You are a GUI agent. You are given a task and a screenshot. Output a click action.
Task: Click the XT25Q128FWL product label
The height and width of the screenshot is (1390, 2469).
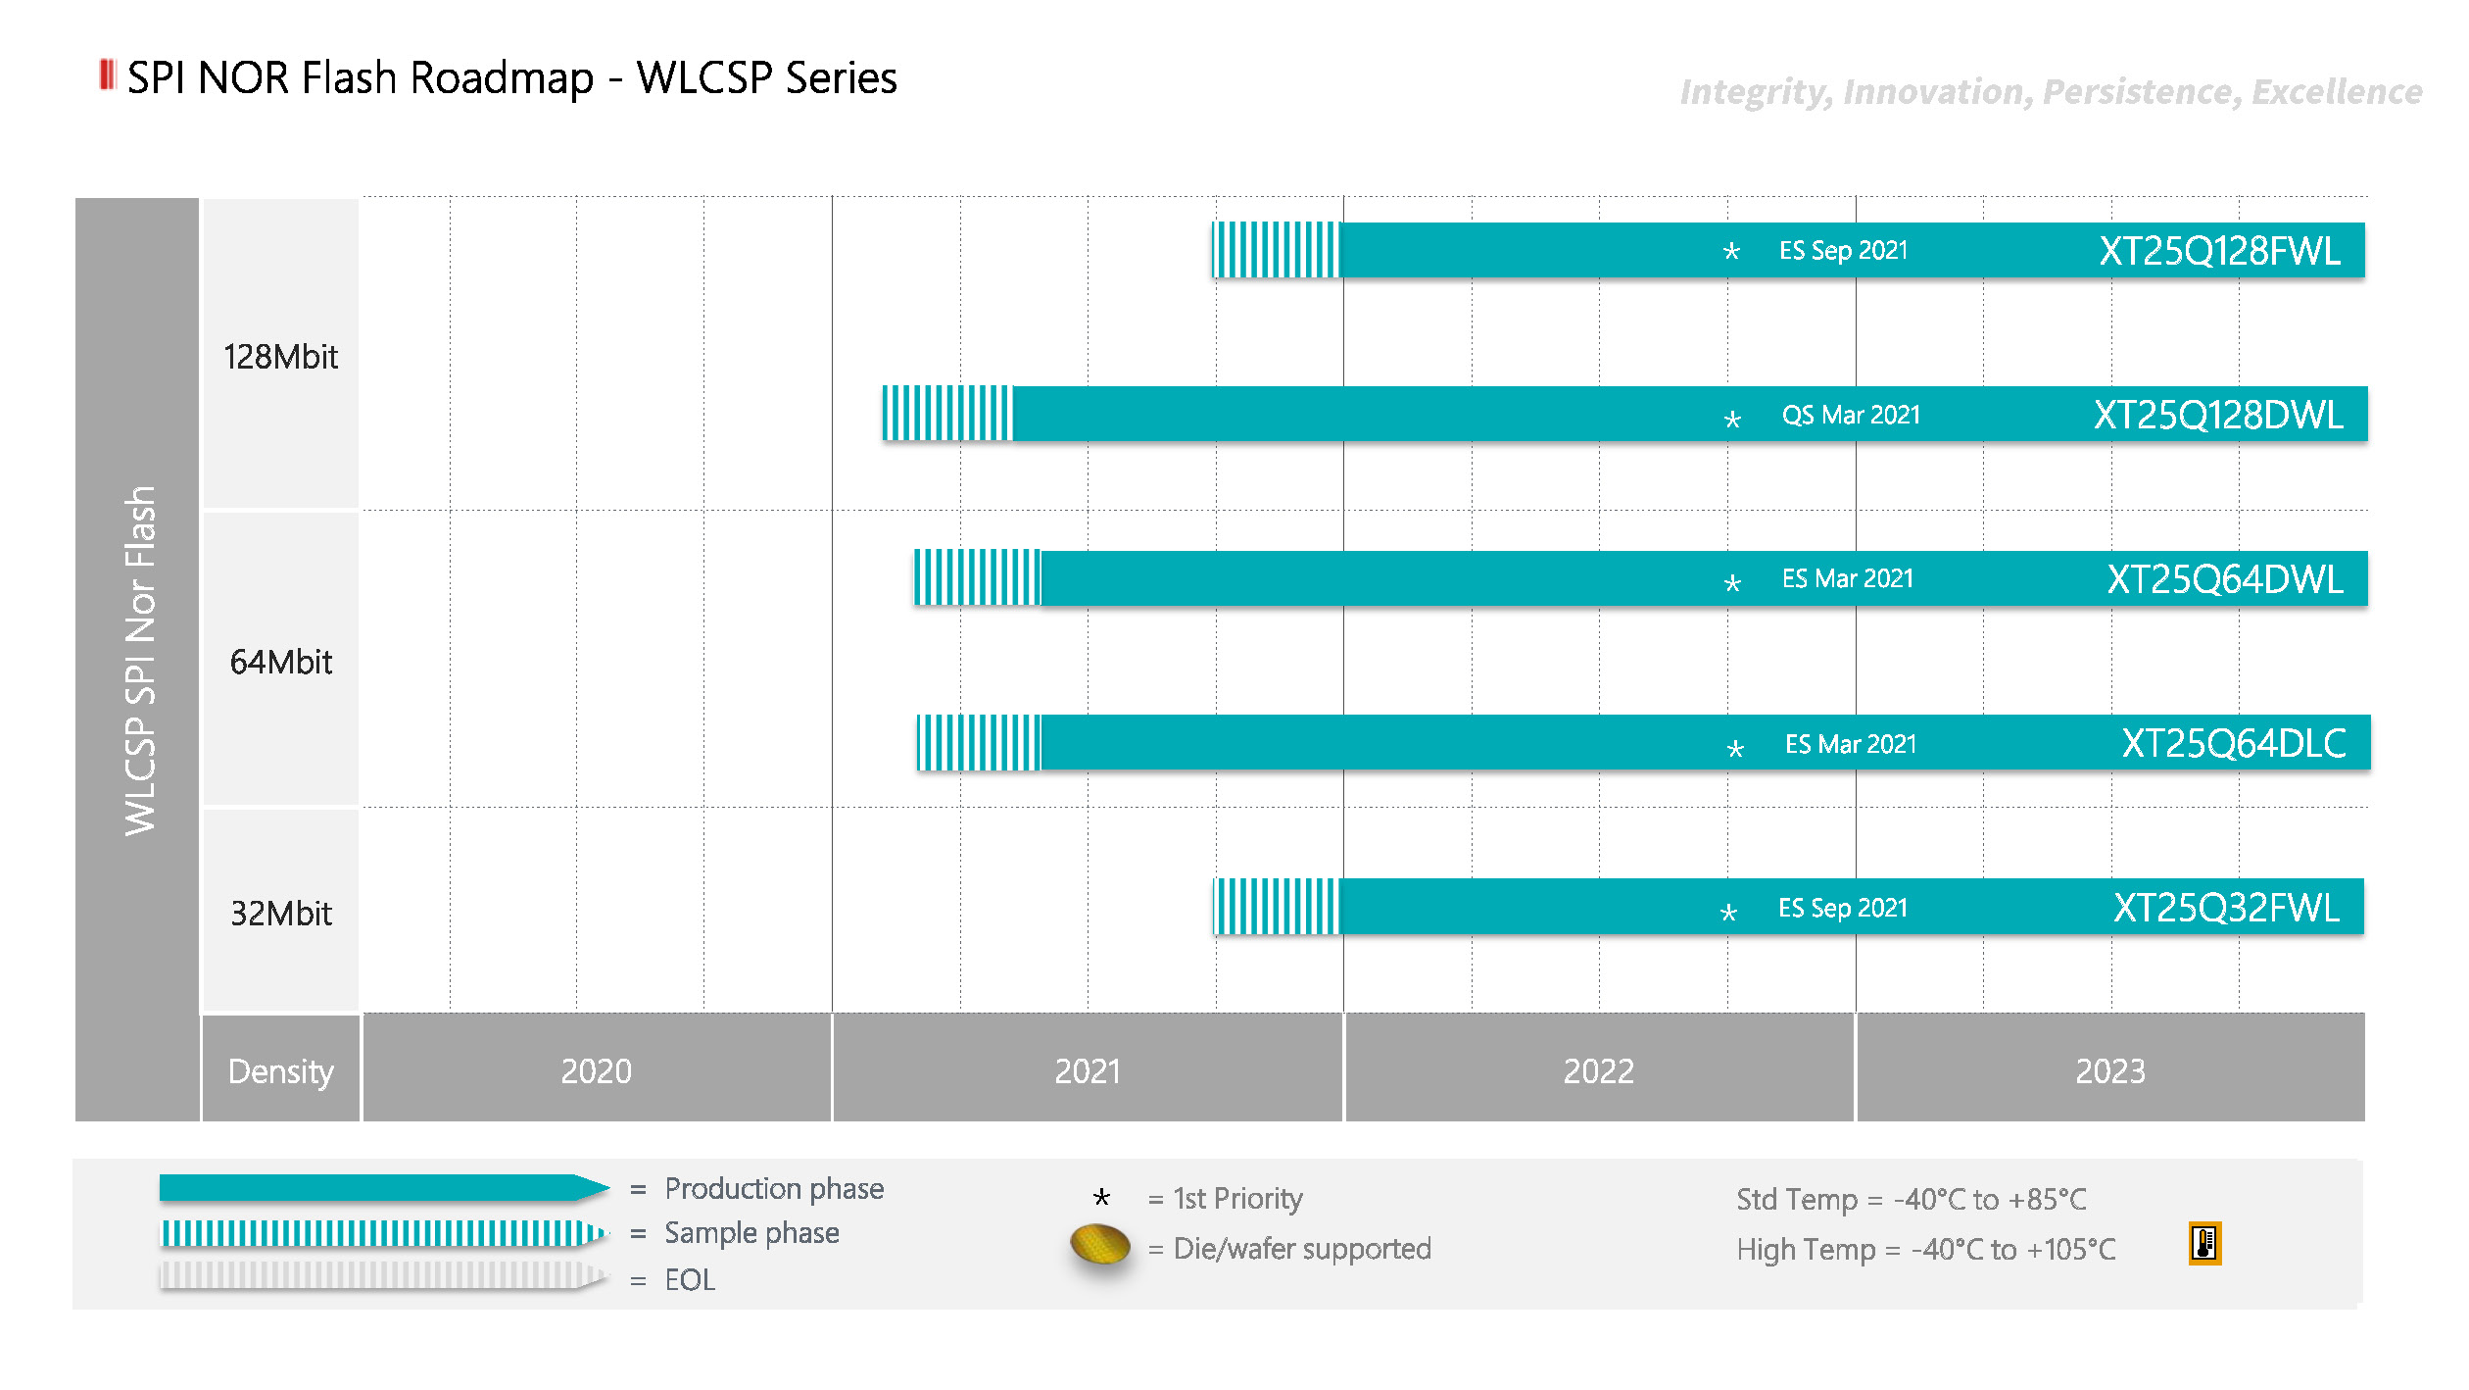2219,251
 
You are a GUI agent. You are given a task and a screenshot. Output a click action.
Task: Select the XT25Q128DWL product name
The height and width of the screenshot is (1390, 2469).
2218,415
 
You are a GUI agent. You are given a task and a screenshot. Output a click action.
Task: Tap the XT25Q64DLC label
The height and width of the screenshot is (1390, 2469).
2233,743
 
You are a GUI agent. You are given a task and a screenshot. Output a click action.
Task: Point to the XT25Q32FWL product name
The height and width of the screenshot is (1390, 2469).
2226,908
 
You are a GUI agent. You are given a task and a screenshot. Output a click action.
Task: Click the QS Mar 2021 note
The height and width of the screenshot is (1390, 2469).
1851,415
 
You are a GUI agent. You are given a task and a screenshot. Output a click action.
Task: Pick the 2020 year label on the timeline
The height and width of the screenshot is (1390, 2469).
596,1070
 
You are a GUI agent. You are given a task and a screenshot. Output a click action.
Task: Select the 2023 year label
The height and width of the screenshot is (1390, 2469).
2109,1070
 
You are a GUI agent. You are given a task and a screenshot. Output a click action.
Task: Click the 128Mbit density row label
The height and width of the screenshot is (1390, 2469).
280,357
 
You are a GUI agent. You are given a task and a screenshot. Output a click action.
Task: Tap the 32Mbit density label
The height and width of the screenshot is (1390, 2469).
280,913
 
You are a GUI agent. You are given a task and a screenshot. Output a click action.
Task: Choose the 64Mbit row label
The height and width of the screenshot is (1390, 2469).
280,662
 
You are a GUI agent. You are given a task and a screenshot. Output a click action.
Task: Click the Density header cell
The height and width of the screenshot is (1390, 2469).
280,1070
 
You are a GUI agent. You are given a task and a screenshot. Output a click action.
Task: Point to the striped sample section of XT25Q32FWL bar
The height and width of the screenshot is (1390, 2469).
1277,907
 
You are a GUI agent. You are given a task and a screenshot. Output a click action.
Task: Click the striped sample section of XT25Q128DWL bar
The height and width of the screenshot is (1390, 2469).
946,414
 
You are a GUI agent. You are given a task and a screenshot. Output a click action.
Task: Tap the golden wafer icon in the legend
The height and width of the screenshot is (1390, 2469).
1100,1246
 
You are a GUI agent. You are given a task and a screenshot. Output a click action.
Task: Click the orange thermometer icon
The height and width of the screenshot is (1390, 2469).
2204,1243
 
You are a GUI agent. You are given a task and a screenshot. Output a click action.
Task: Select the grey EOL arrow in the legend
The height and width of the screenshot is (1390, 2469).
382,1275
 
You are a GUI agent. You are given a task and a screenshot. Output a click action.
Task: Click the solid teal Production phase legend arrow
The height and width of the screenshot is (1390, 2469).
382,1188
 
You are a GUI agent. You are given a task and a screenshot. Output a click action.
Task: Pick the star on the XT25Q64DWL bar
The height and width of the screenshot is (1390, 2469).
1732,583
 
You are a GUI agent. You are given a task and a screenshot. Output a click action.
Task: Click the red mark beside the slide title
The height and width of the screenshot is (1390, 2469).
107,74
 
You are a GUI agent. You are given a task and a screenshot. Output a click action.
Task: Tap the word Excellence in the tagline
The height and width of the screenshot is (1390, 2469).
2336,92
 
